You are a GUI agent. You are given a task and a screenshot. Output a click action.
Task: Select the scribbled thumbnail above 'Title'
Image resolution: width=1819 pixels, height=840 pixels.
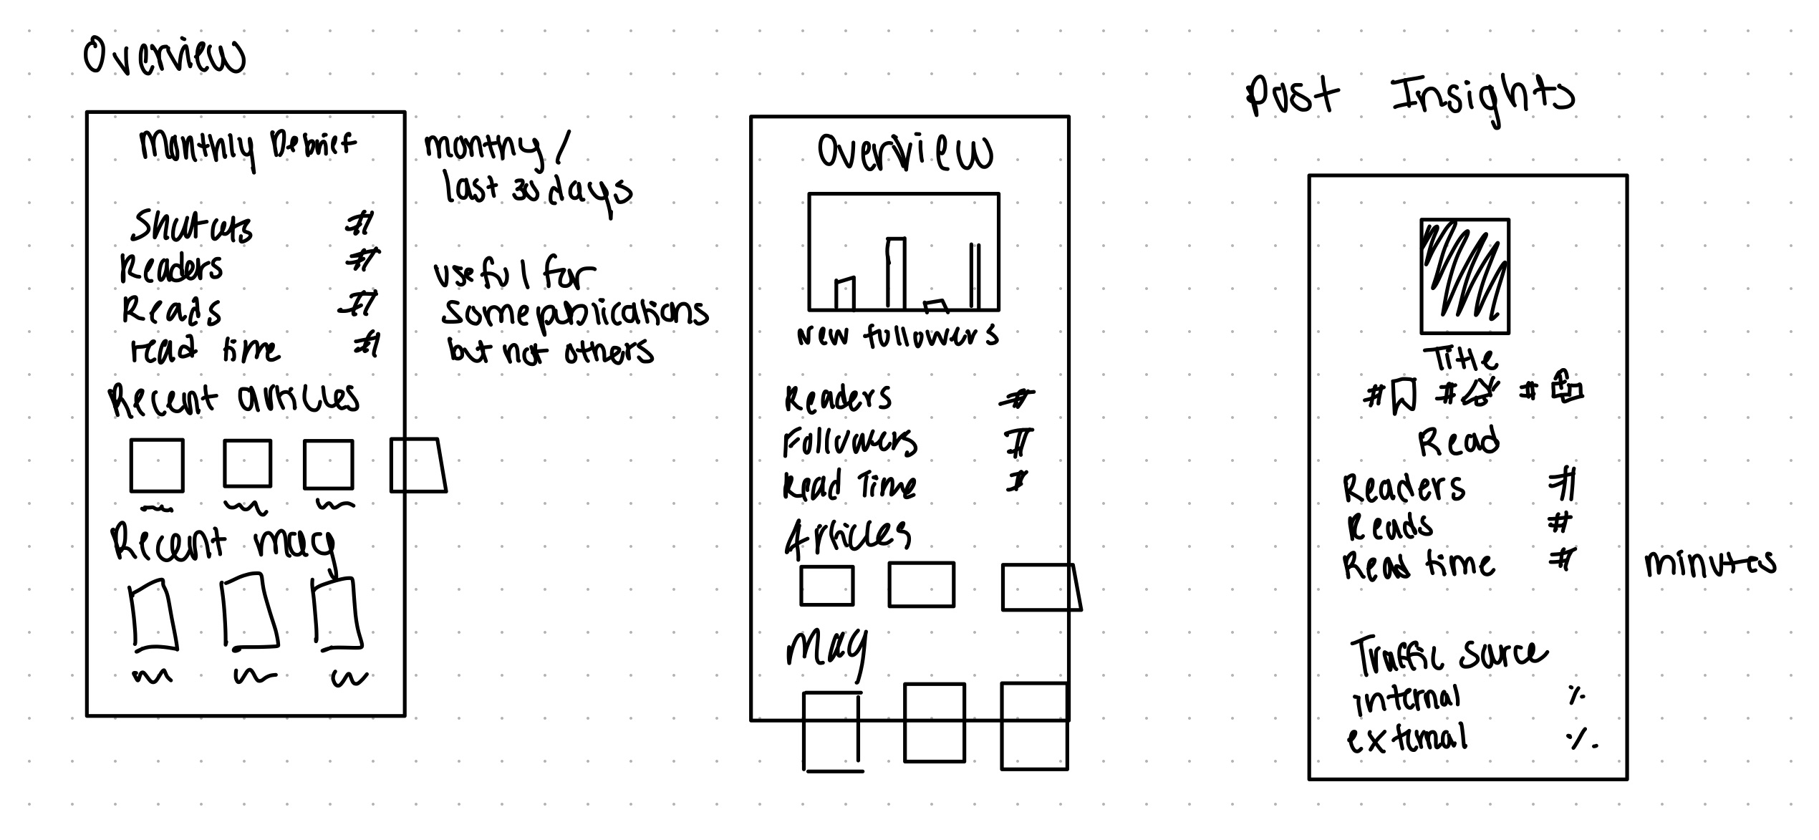pyautogui.click(x=1465, y=276)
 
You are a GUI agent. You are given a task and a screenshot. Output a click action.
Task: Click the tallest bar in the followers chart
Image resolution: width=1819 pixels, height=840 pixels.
pyautogui.click(x=895, y=273)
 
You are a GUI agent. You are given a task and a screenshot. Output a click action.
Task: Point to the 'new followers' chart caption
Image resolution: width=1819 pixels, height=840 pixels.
pyautogui.click(x=897, y=335)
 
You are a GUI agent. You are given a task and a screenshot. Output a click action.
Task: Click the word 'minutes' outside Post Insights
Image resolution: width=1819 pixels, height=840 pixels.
pyautogui.click(x=1710, y=564)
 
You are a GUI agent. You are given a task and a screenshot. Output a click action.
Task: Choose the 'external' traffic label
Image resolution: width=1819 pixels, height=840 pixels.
pyautogui.click(x=1407, y=739)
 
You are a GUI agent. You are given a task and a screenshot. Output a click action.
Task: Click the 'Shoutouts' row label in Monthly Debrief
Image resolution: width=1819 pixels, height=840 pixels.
pyautogui.click(x=190, y=227)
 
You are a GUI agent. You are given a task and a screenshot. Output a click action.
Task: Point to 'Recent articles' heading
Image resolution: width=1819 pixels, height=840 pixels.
pyautogui.click(x=233, y=398)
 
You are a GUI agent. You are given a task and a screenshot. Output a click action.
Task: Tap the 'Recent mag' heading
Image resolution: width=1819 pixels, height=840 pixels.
pyautogui.click(x=223, y=544)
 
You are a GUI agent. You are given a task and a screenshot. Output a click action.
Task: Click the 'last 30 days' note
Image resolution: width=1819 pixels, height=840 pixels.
pyautogui.click(x=537, y=190)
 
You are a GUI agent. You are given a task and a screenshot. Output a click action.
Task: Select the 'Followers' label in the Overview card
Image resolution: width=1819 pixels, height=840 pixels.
pyautogui.click(x=849, y=442)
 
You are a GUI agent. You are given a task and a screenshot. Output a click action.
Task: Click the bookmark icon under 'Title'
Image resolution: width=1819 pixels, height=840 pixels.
pyautogui.click(x=1404, y=396)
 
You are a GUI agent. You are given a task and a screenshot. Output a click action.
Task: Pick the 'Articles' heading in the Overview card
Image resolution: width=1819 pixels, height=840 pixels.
pyautogui.click(x=848, y=536)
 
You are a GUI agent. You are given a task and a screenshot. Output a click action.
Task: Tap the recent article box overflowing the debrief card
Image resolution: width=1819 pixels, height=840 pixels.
pyautogui.click(x=418, y=465)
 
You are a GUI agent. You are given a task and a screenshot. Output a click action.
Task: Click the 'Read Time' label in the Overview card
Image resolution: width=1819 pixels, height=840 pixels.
pyautogui.click(x=849, y=486)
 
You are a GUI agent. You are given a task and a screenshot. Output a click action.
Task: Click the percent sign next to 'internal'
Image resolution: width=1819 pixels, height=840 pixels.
pyautogui.click(x=1576, y=695)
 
